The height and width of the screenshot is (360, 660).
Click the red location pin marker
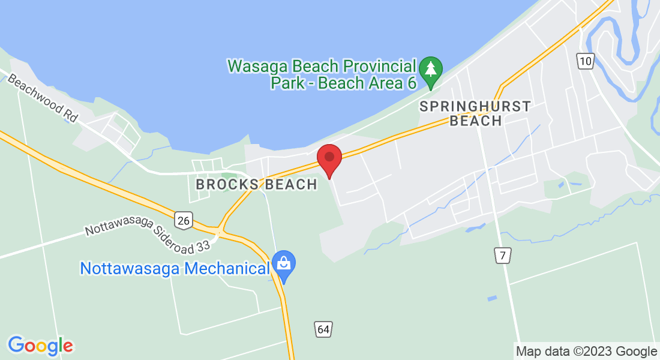(329, 158)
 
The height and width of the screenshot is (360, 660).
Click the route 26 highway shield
(184, 221)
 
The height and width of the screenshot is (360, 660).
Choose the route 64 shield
(323, 329)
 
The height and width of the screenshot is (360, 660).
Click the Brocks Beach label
(256, 184)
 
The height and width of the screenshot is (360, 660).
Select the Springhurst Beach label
(475, 113)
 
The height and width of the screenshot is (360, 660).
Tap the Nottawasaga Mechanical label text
(175, 268)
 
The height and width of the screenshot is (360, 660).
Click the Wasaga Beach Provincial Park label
(322, 74)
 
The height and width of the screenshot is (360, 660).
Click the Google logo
(40, 346)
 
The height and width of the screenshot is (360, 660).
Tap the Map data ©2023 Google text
(586, 351)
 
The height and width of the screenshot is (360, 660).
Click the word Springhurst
(475, 106)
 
